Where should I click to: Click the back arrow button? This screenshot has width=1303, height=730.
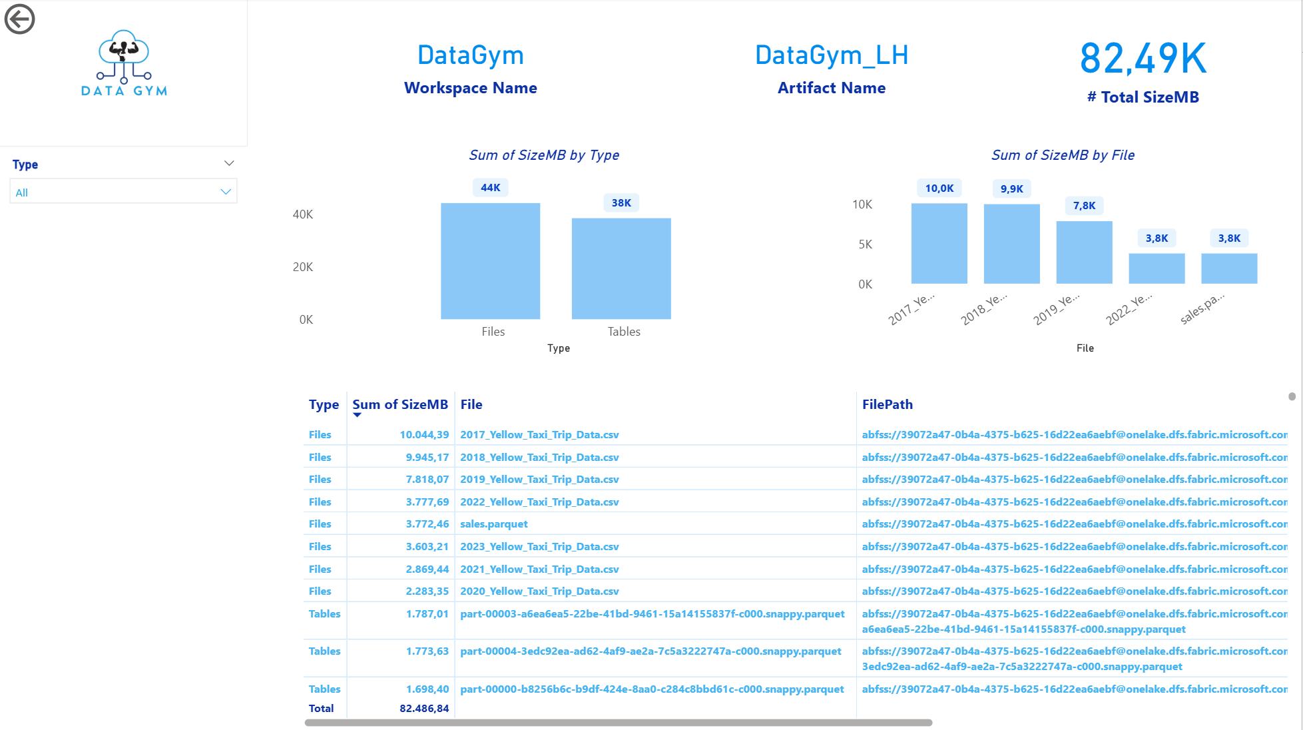point(19,19)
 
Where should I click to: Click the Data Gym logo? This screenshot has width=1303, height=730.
point(124,63)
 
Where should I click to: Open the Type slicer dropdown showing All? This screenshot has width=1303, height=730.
point(124,192)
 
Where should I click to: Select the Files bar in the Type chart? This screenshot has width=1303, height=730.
point(490,261)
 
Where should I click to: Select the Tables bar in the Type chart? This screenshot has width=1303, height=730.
point(621,268)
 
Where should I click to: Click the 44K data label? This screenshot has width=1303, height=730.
point(491,188)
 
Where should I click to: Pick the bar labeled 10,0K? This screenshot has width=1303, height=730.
point(939,244)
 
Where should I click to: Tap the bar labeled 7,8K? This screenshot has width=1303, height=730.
point(1084,252)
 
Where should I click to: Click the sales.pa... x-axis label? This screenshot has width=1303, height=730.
point(1202,308)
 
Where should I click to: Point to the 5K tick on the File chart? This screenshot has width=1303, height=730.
point(865,244)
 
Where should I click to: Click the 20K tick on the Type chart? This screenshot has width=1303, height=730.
point(303,267)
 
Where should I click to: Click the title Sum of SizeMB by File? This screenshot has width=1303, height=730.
point(1063,155)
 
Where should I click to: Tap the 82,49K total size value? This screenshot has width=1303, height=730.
point(1143,59)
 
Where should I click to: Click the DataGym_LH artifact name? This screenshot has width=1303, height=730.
point(832,55)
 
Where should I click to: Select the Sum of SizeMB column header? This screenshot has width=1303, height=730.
point(400,404)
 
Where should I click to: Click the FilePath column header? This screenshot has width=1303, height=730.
point(887,404)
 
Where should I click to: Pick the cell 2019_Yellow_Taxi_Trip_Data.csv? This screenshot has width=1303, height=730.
point(539,480)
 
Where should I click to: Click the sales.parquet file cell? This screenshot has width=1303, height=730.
point(494,524)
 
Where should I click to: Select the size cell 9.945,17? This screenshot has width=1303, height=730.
point(427,458)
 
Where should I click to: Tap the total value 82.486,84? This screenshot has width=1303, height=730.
point(424,709)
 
